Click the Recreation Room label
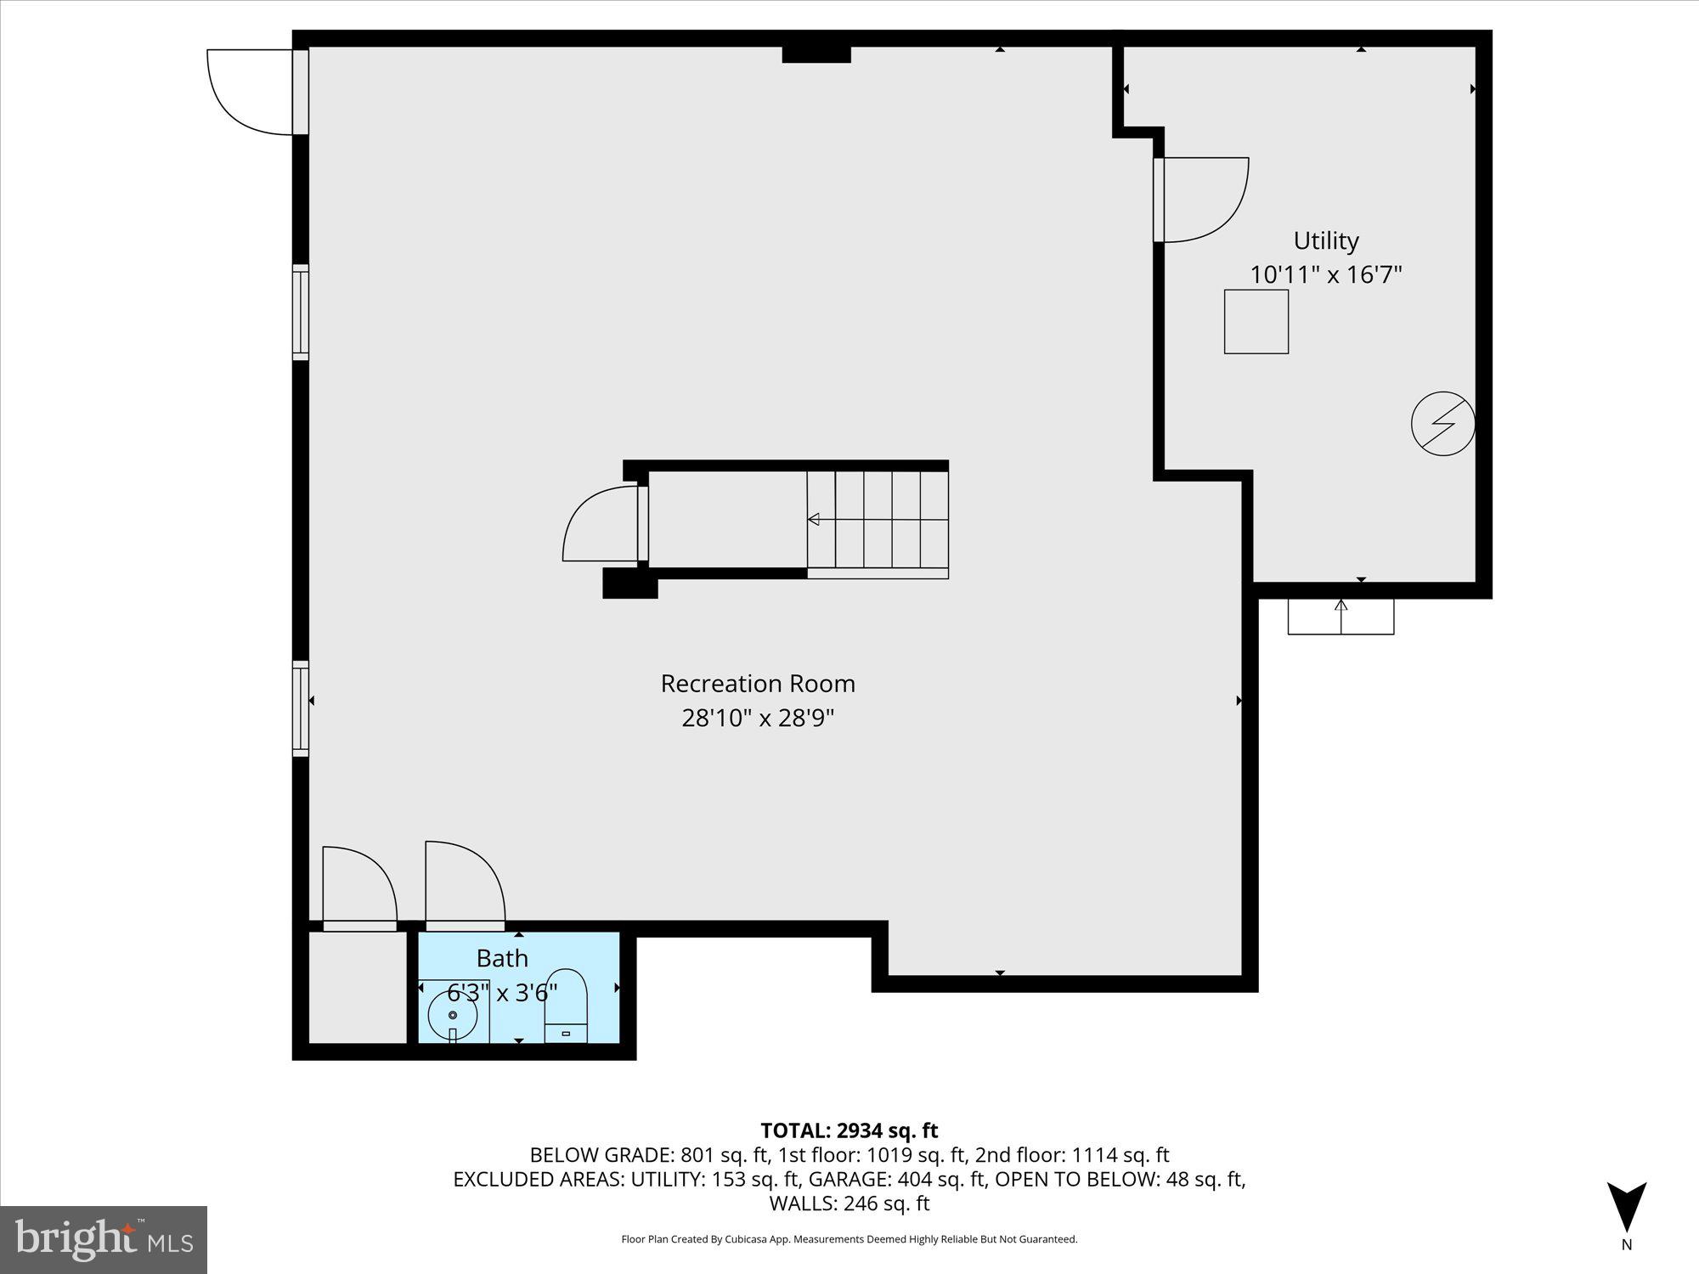[x=758, y=684]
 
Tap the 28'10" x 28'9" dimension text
[x=758, y=719]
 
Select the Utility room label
[x=1325, y=241]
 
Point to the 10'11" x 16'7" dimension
[x=1325, y=275]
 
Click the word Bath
[x=502, y=958]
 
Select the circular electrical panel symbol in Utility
[x=1442, y=423]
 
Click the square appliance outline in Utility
[x=1256, y=322]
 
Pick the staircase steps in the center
[x=878, y=520]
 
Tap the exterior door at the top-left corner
[x=251, y=92]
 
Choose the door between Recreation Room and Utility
[x=1200, y=200]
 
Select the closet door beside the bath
[x=358, y=886]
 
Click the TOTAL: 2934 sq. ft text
[x=849, y=1130]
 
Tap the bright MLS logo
[x=104, y=1239]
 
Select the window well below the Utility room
[x=1341, y=617]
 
